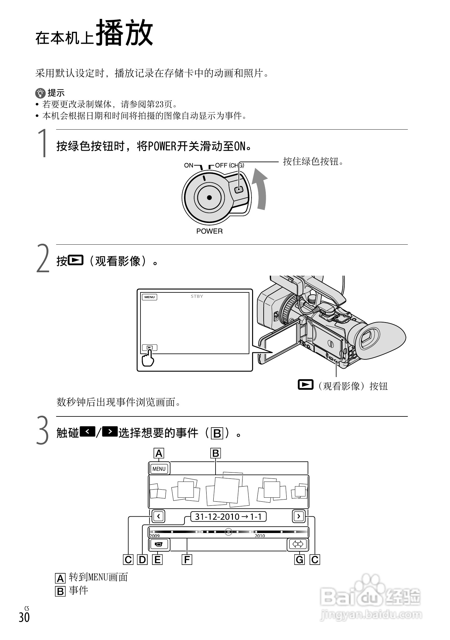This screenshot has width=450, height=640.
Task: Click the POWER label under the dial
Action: point(209,231)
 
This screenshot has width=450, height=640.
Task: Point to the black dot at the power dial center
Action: point(209,198)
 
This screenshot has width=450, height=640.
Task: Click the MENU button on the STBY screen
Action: point(149,297)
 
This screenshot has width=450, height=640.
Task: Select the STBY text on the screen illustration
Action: point(197,296)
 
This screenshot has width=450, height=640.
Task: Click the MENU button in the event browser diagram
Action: point(159,469)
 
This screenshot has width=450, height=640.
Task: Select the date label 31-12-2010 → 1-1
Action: point(228,517)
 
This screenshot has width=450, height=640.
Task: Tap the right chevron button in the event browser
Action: point(299,516)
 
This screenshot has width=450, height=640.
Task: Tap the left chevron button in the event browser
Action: point(158,516)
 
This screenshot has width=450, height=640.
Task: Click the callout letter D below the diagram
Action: point(142,560)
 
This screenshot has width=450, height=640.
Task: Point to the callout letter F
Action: point(187,560)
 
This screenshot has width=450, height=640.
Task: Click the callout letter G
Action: point(300,560)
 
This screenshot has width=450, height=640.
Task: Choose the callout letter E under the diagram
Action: point(158,560)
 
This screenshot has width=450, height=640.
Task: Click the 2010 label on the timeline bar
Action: point(260,536)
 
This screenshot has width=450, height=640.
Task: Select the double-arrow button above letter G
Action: point(298,544)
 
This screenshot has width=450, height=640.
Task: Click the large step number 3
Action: point(43,431)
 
